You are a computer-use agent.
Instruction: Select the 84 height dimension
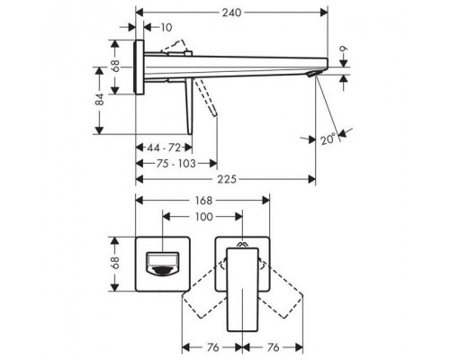pos(101,104)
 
